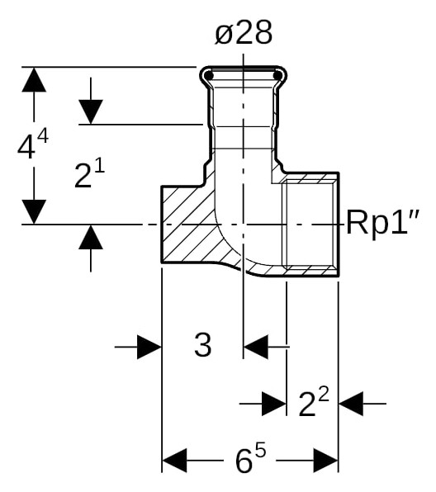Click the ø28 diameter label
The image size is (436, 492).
coord(243,34)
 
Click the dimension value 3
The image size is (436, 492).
coord(202,346)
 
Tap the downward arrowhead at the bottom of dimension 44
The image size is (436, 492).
coord(33,211)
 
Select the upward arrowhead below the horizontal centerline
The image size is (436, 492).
coord(91,237)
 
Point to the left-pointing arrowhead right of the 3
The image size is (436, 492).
coord(256,347)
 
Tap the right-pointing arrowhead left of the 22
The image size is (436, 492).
coord(273,404)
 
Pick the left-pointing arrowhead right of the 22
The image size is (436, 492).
coord(351,404)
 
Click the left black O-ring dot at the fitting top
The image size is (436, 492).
coord(210,77)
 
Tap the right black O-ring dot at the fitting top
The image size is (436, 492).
coord(277,77)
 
